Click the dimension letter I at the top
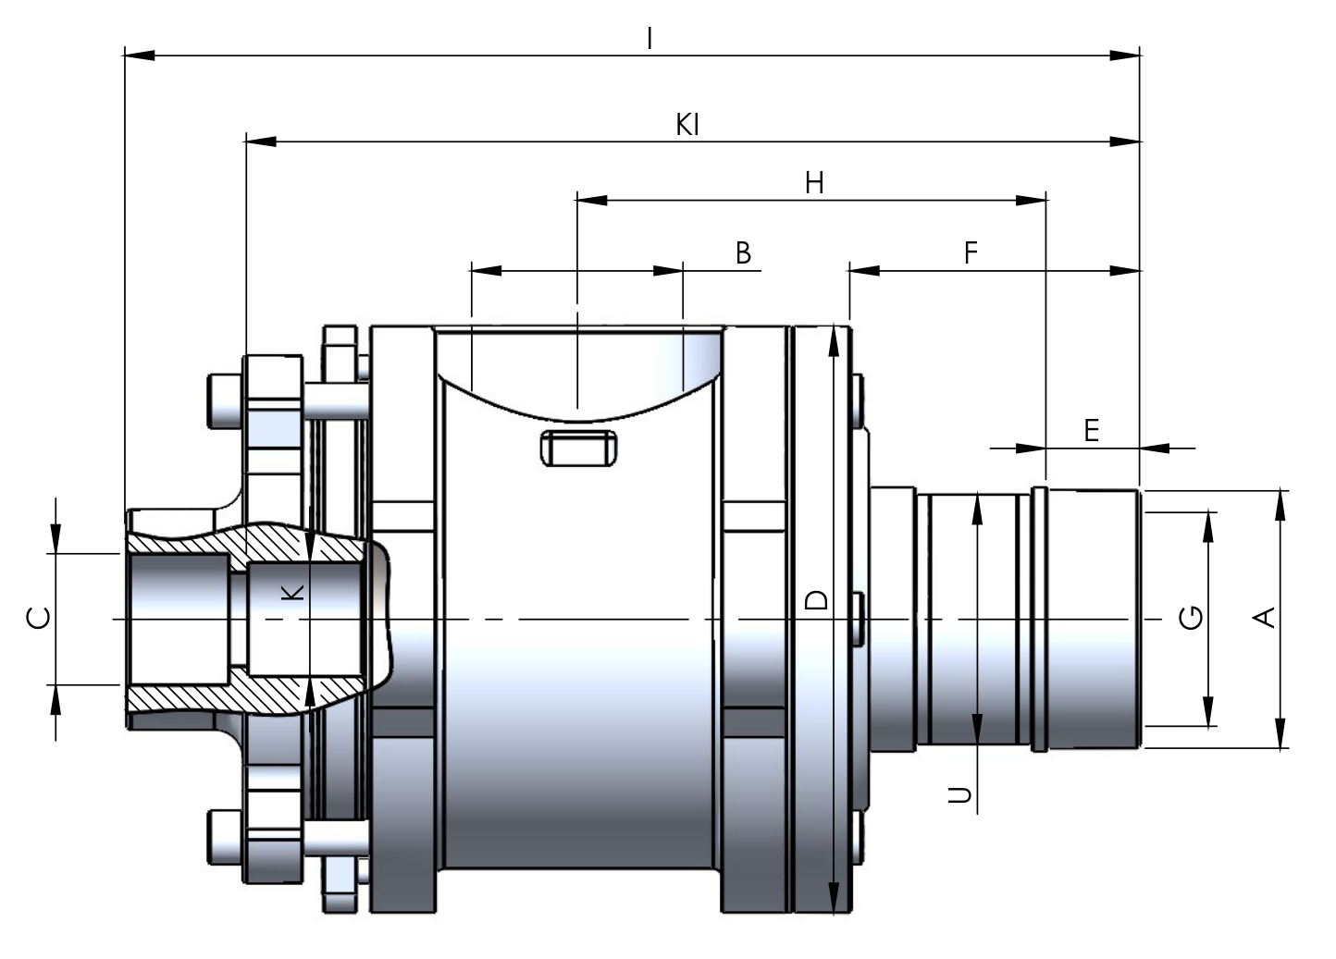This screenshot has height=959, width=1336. pos(649,40)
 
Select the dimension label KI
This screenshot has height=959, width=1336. pos(687,125)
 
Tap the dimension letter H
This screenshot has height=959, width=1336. pos(814,183)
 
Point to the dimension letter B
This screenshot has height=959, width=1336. pos(743,252)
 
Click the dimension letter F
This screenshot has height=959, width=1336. pos(971,252)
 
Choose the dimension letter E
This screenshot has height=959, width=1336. pos(1092,430)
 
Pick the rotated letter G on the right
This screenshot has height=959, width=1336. pos(1191,618)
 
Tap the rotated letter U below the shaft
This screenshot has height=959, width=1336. pos(959,794)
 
